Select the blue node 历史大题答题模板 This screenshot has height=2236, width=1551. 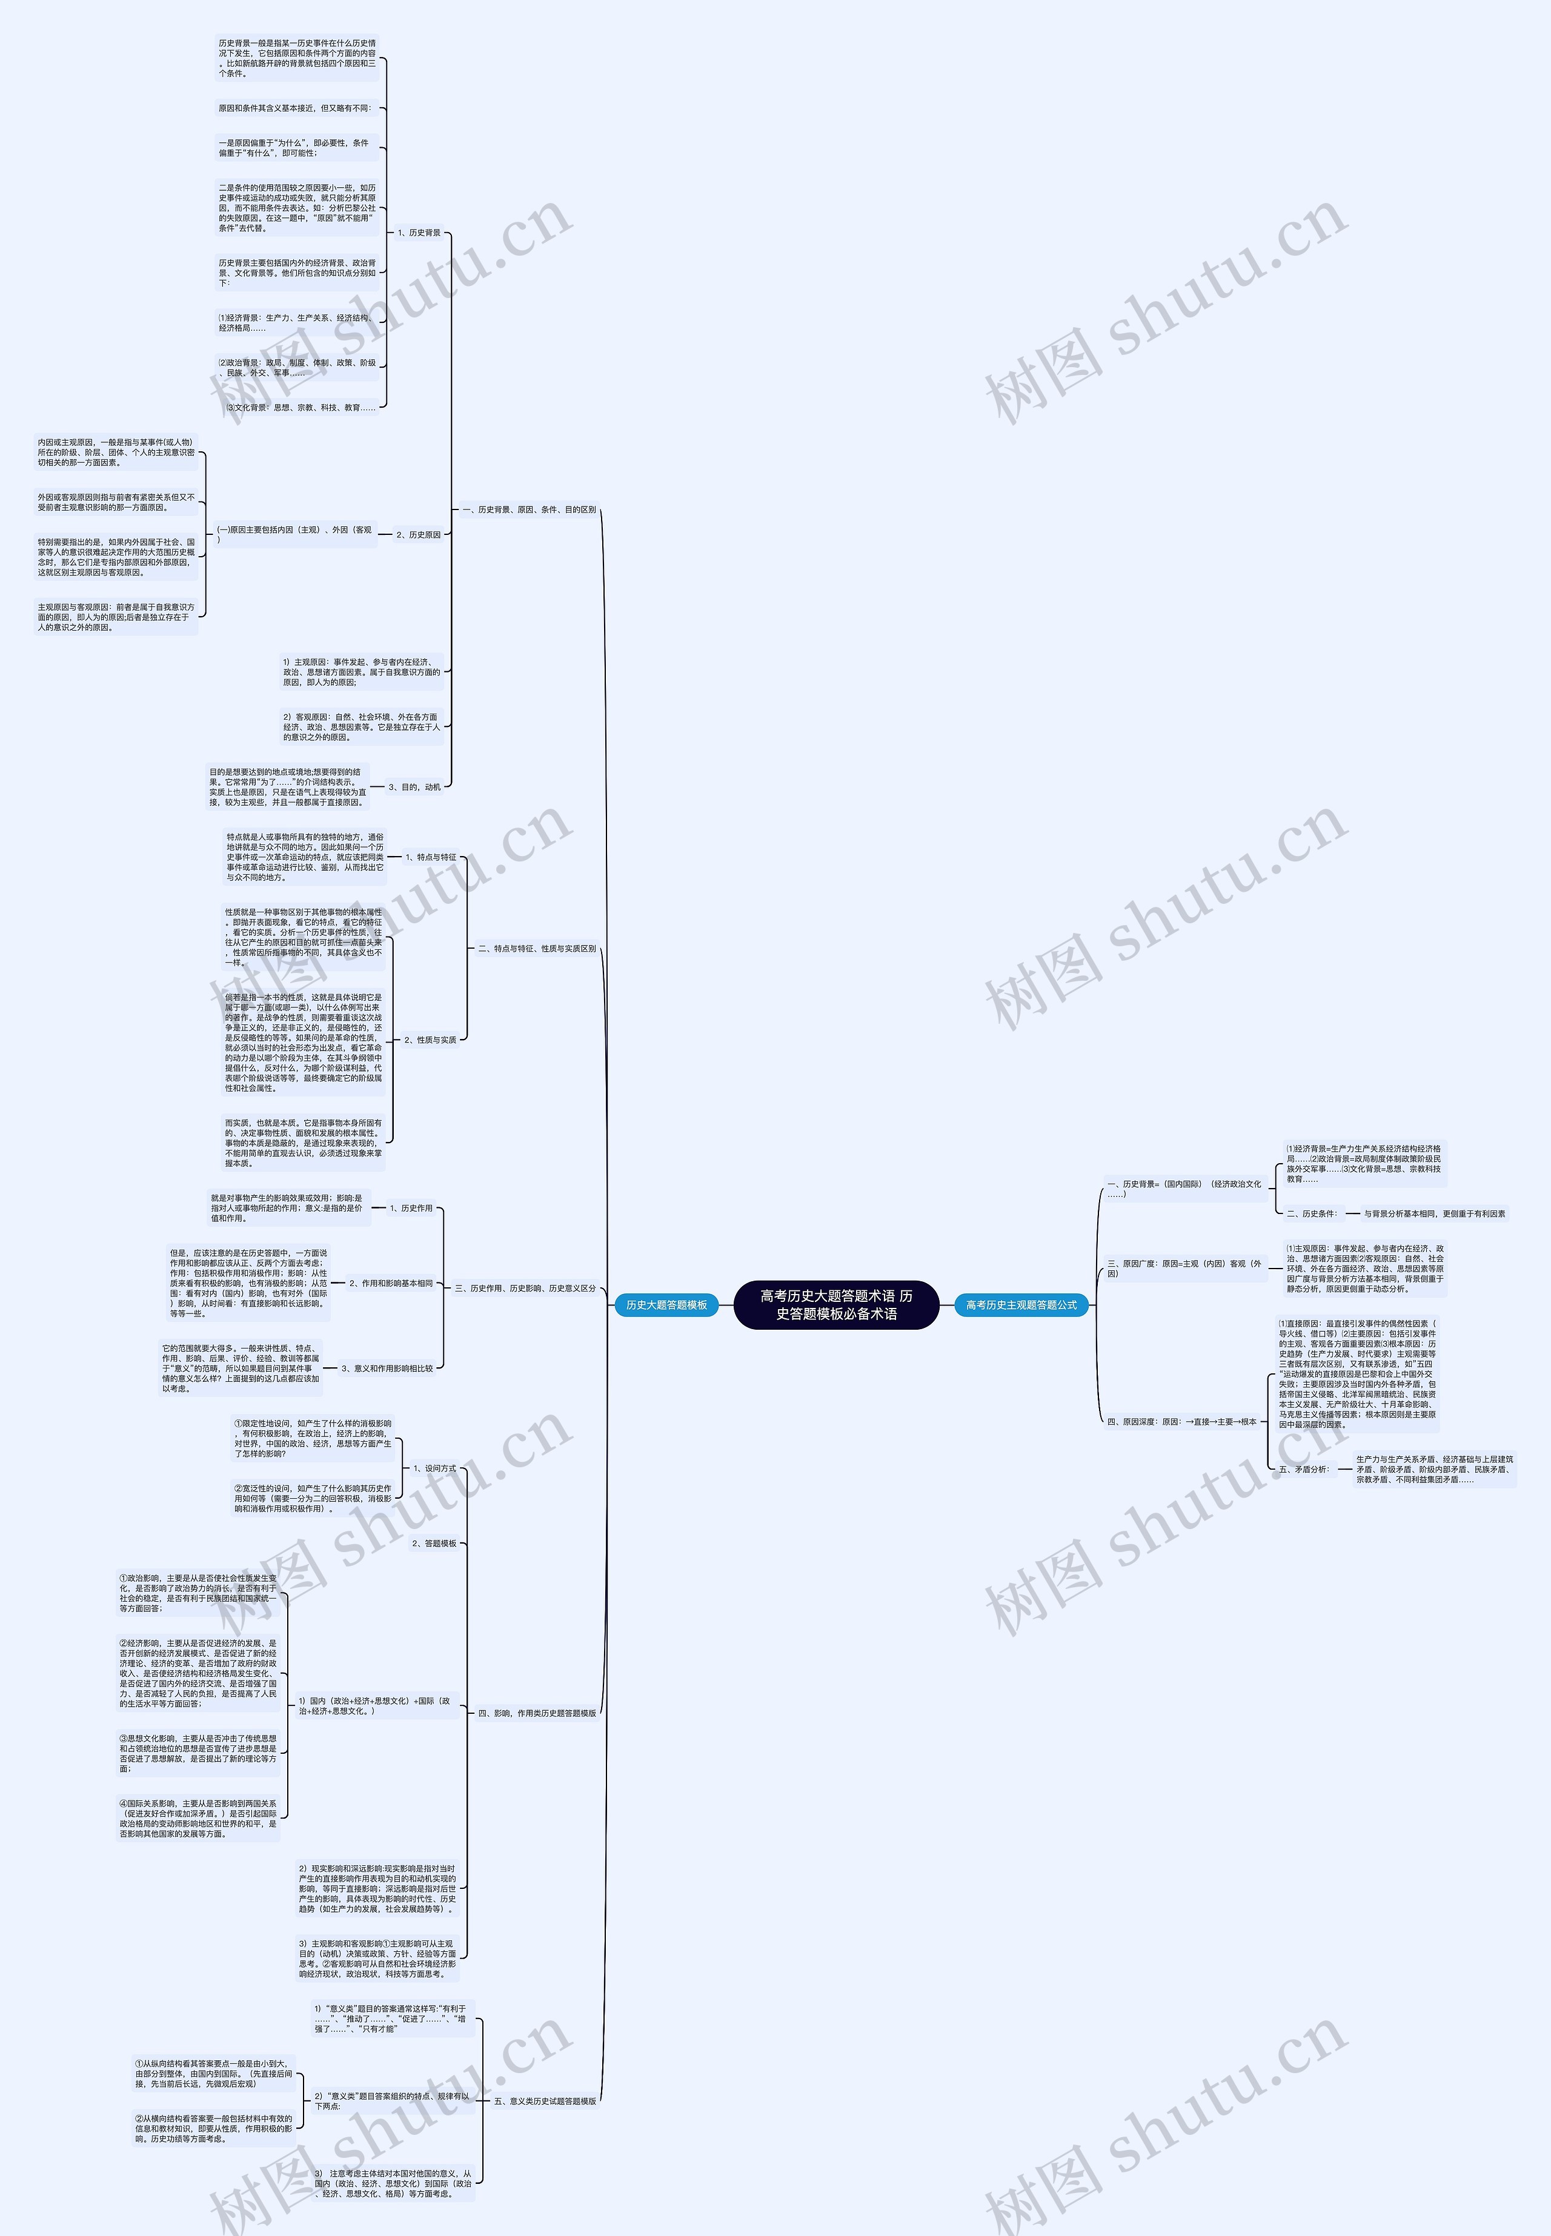(666, 1304)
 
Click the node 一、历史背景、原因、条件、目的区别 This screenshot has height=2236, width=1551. (529, 509)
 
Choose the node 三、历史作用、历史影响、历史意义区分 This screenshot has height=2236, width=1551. (525, 1287)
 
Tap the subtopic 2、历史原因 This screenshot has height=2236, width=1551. (418, 534)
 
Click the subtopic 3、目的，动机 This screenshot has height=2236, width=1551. (414, 787)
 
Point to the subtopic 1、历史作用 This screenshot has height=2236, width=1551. (410, 1208)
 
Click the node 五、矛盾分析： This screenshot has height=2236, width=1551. (1304, 1469)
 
